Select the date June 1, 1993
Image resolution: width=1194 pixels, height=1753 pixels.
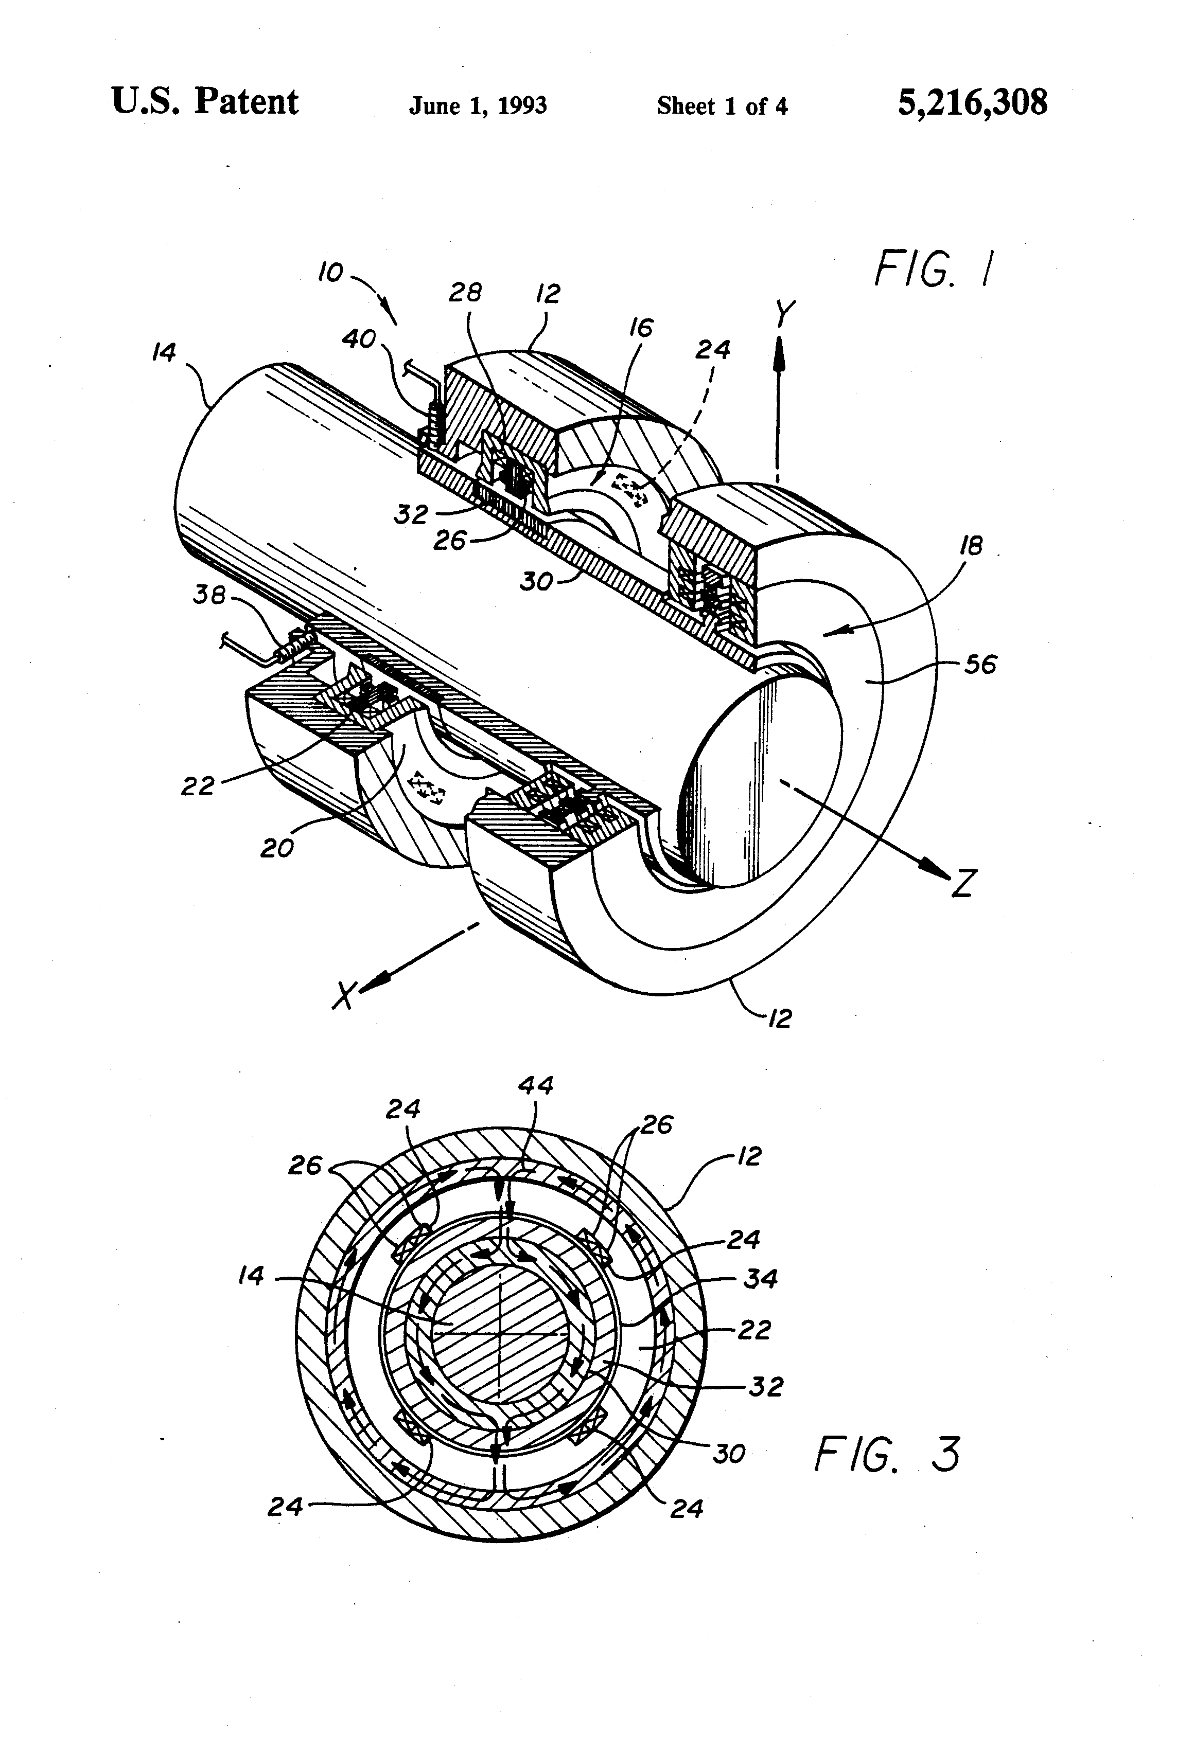point(478,105)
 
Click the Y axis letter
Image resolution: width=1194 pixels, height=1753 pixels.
point(785,314)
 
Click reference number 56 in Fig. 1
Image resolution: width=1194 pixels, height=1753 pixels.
point(980,665)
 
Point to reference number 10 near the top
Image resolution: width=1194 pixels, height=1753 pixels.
point(330,272)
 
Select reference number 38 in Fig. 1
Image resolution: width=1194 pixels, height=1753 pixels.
point(209,595)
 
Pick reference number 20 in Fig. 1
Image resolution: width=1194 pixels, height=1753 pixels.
point(276,849)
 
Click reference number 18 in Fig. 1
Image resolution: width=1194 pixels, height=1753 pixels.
point(971,545)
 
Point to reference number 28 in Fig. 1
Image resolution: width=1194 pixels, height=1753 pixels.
point(465,292)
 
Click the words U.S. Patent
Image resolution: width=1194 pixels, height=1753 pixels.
point(205,102)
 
